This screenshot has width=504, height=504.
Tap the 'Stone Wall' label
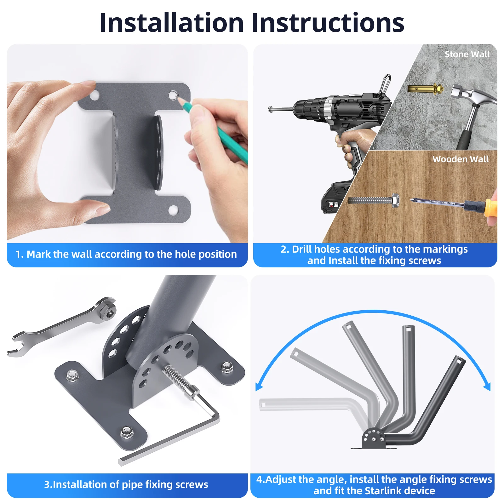click(467, 54)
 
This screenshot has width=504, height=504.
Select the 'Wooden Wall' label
click(461, 159)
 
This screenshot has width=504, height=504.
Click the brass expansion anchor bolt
click(426, 89)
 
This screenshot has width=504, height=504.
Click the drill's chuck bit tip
click(270, 109)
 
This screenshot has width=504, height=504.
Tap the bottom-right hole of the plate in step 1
click(173, 210)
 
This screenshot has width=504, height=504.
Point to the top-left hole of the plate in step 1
click(94, 95)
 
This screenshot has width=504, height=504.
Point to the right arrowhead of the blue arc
click(487, 386)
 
